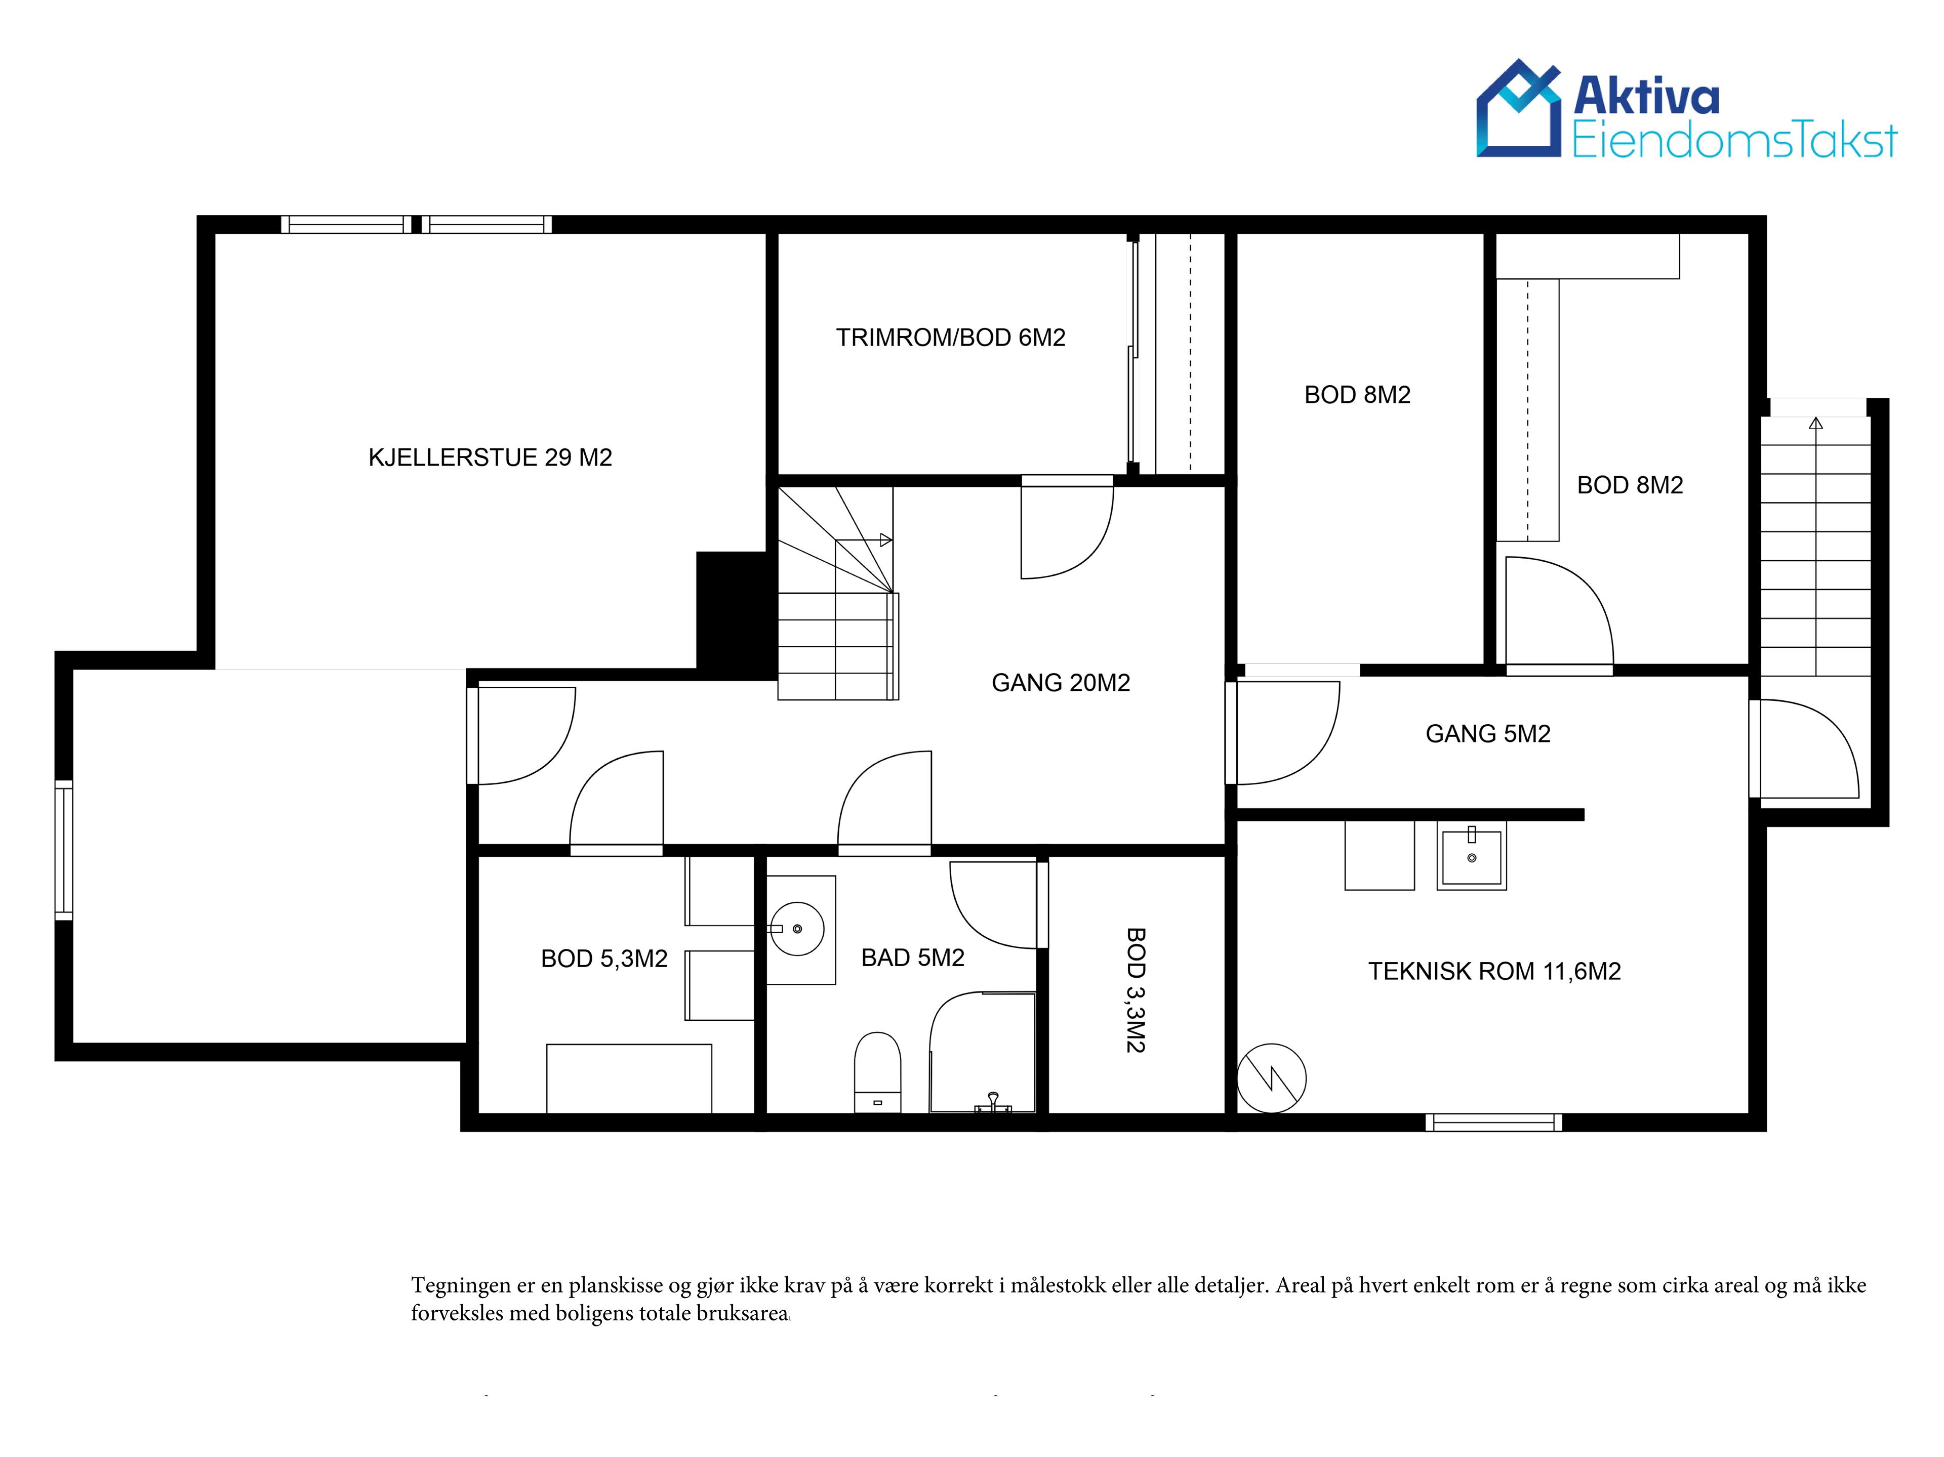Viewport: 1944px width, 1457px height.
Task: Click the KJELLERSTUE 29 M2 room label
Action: (x=490, y=457)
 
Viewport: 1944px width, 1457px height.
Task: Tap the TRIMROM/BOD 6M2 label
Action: (x=950, y=338)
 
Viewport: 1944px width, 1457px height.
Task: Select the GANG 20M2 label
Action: (x=1061, y=683)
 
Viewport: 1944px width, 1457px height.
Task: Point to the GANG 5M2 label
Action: (x=1488, y=734)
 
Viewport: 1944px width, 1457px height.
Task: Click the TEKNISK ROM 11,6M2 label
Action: (x=1494, y=971)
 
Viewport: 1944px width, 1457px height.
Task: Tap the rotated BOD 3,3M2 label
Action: (x=1136, y=990)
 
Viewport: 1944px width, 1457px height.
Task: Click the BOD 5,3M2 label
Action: (x=604, y=959)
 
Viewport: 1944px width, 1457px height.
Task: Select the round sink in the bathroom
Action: (x=797, y=929)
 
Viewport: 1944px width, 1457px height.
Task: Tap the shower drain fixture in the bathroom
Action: (x=993, y=1102)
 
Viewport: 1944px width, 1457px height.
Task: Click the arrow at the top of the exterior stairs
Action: (x=1816, y=424)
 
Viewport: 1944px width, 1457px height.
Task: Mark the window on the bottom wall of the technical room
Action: (x=1494, y=1122)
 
